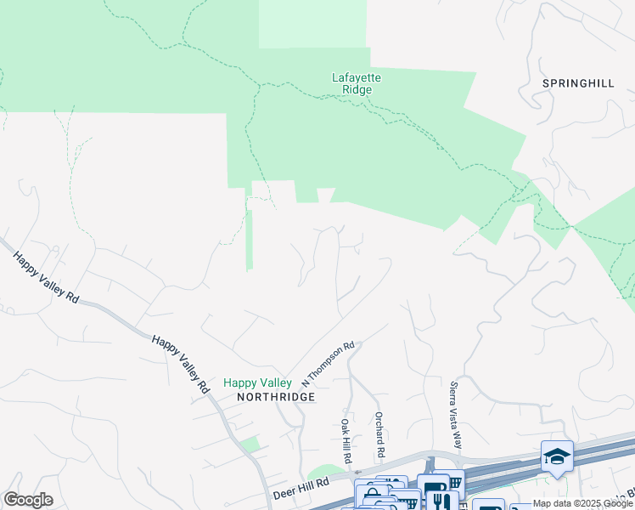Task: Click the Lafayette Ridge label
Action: [x=356, y=83]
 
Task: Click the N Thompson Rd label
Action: [x=328, y=362]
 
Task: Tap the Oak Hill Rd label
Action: [x=346, y=440]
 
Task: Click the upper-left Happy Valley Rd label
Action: [x=48, y=277]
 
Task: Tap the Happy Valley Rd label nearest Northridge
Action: [x=181, y=362]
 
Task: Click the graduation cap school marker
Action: [x=557, y=457]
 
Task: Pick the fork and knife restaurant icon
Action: [x=440, y=501]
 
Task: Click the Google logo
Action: [x=28, y=500]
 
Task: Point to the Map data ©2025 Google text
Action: [x=583, y=503]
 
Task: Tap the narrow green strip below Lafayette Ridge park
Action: [x=250, y=238]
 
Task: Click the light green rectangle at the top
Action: [x=312, y=24]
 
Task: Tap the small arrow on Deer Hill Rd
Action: [x=357, y=472]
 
